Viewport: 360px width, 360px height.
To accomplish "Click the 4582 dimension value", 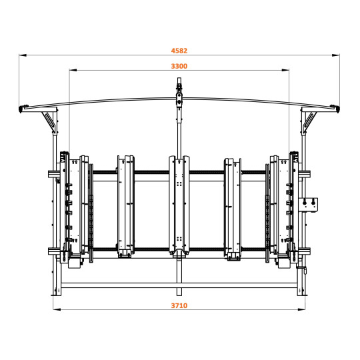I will tap(179, 49).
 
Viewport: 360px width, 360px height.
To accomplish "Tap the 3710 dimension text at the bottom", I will tap(179, 305).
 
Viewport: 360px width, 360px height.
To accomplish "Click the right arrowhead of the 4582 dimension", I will tap(337, 55).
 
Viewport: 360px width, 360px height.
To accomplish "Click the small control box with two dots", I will tap(310, 203).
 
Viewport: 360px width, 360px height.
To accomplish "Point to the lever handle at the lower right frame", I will tap(305, 272).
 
